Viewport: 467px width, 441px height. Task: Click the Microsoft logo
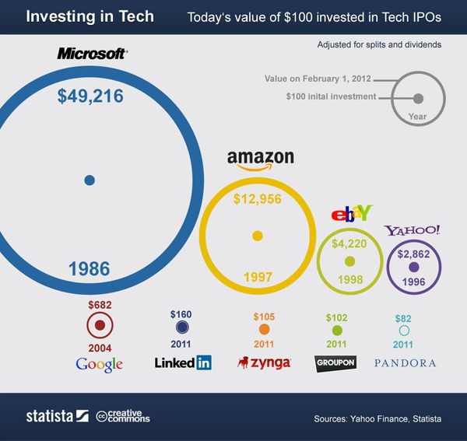(x=92, y=54)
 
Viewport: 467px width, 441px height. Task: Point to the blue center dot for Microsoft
(x=90, y=180)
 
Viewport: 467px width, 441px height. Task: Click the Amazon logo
(x=261, y=159)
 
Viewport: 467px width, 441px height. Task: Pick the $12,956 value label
(x=257, y=198)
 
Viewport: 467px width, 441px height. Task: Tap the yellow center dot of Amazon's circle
(x=258, y=236)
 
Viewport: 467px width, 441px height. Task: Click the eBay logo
(x=353, y=212)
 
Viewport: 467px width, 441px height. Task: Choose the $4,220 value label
(x=349, y=243)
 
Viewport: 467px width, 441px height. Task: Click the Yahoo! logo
(x=413, y=230)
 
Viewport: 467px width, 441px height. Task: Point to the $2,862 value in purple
(x=413, y=254)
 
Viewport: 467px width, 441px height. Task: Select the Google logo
(x=99, y=364)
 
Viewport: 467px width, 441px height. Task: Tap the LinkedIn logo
(x=183, y=362)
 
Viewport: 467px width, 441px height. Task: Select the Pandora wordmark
(x=405, y=363)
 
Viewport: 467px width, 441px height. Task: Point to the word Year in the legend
(x=418, y=117)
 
